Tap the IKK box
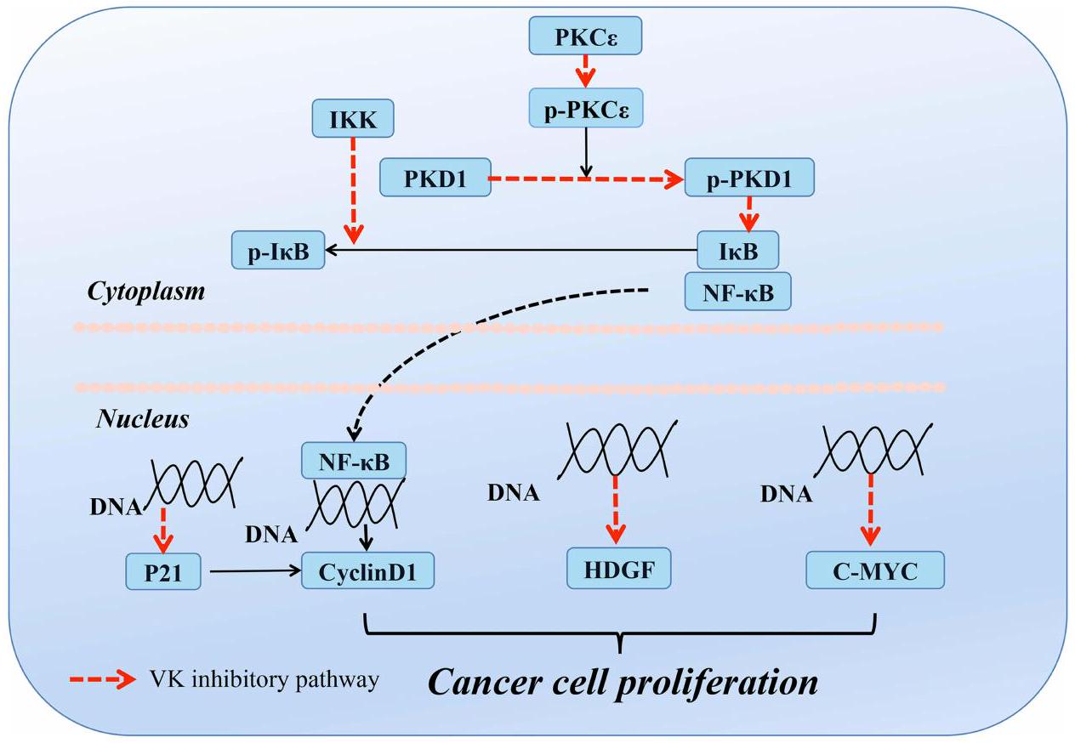[x=353, y=117]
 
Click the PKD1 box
[x=435, y=178]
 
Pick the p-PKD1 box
[x=749, y=178]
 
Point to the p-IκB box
[x=277, y=251]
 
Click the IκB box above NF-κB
[x=737, y=251]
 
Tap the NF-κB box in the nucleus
[x=354, y=462]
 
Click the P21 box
[x=162, y=571]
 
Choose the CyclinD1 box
[x=367, y=571]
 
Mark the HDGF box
[x=618, y=569]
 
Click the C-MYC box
[x=874, y=570]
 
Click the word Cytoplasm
[x=145, y=292]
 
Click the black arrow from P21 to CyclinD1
[x=253, y=571]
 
